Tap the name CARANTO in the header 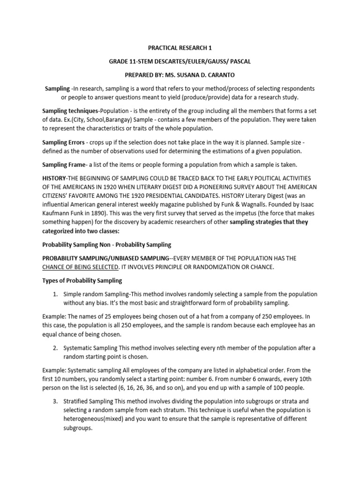tap(233, 75)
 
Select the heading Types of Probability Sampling tap(82, 280)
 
